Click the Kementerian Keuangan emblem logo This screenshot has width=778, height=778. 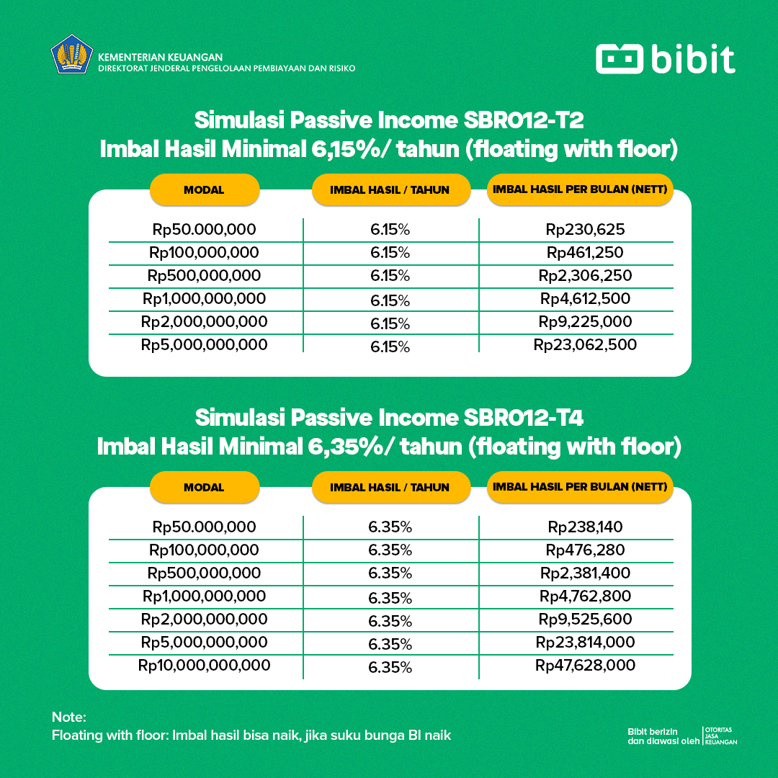pos(72,55)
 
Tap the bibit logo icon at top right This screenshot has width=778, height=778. pos(619,59)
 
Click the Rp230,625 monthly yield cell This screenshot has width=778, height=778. pos(585,230)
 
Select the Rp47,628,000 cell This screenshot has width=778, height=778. pos(585,665)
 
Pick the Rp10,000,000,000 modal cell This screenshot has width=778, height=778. pos(205,665)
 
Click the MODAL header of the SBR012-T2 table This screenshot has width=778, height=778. pos(204,190)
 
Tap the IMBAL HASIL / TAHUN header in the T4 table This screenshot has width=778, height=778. pos(390,488)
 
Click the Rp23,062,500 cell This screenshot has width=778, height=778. pos(585,345)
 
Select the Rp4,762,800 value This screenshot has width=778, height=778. pos(585,596)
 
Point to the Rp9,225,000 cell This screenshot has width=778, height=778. pos(585,322)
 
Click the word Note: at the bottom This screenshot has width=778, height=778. pos(68,717)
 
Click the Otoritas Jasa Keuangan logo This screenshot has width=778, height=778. pos(720,735)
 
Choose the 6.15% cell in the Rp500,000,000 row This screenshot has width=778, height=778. pos(390,276)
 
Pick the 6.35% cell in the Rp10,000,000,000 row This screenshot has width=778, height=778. pos(390,667)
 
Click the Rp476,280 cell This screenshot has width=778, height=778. pos(585,550)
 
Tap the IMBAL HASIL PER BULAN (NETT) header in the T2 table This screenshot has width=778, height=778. pos(580,190)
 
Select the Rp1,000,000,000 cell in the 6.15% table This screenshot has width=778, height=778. pos(205,299)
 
